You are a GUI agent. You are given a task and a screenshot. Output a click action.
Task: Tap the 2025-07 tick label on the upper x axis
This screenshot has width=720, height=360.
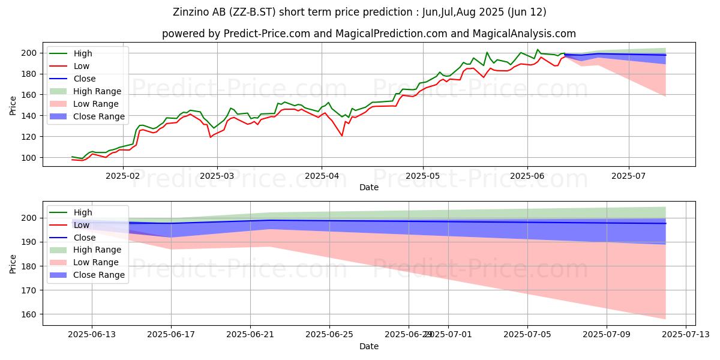coord(629,175)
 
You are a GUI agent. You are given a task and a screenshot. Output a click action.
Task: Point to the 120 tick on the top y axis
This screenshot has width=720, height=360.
coord(31,137)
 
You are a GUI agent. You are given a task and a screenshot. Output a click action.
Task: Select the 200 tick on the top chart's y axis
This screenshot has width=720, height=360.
coord(31,53)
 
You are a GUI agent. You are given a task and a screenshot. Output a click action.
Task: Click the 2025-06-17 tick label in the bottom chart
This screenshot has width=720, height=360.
coord(171,334)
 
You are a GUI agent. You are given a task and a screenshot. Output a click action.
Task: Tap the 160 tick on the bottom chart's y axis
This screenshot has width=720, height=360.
coord(31,314)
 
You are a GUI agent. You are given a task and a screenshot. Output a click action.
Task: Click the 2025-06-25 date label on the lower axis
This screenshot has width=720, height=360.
coord(329,334)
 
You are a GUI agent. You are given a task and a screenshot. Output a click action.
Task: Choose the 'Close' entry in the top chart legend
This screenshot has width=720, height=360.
coord(84,79)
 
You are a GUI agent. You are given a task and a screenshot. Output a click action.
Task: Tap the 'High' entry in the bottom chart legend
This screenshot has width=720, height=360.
coord(83,212)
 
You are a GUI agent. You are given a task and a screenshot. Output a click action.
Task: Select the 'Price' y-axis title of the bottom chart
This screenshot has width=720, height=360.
coord(14,263)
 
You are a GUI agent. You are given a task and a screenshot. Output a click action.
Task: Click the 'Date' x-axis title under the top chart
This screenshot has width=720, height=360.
coord(368,187)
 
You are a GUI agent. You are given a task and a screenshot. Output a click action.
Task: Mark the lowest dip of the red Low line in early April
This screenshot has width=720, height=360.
coord(342,136)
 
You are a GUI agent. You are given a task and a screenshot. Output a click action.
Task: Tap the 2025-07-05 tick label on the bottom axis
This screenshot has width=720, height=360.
coord(527,334)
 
